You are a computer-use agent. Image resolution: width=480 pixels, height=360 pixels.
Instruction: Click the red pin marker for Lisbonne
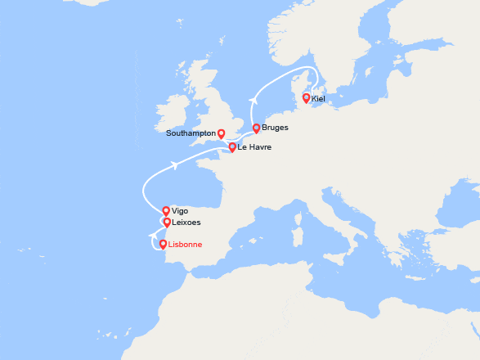[x=164, y=244]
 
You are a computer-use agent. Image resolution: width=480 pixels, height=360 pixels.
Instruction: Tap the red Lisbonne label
[x=185, y=244]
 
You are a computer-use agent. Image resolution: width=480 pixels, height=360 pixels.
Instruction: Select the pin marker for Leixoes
[x=167, y=222]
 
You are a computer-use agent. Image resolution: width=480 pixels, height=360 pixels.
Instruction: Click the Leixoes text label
[x=186, y=222]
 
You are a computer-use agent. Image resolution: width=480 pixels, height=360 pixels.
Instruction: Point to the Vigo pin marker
[x=166, y=210]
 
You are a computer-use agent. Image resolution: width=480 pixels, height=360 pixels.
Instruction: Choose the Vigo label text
[x=180, y=210]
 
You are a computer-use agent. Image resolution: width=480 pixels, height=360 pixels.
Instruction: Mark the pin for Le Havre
[x=232, y=147]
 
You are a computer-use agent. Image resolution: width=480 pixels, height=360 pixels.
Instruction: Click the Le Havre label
[x=254, y=147]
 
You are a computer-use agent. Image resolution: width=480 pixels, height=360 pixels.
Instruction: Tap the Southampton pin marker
[x=221, y=133]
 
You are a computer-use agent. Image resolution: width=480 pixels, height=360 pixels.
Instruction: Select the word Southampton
[x=191, y=133]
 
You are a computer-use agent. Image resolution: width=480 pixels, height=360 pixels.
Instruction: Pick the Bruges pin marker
[x=257, y=128]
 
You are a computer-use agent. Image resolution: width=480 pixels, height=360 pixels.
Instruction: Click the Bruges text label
[x=276, y=128]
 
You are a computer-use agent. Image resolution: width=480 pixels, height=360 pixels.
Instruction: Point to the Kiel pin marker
[x=307, y=98]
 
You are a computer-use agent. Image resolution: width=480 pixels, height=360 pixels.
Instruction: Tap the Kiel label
[x=319, y=98]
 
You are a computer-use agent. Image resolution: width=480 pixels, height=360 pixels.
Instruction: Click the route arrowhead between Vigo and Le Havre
[x=176, y=165]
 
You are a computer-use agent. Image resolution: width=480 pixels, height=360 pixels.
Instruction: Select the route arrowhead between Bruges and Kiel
[x=254, y=100]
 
